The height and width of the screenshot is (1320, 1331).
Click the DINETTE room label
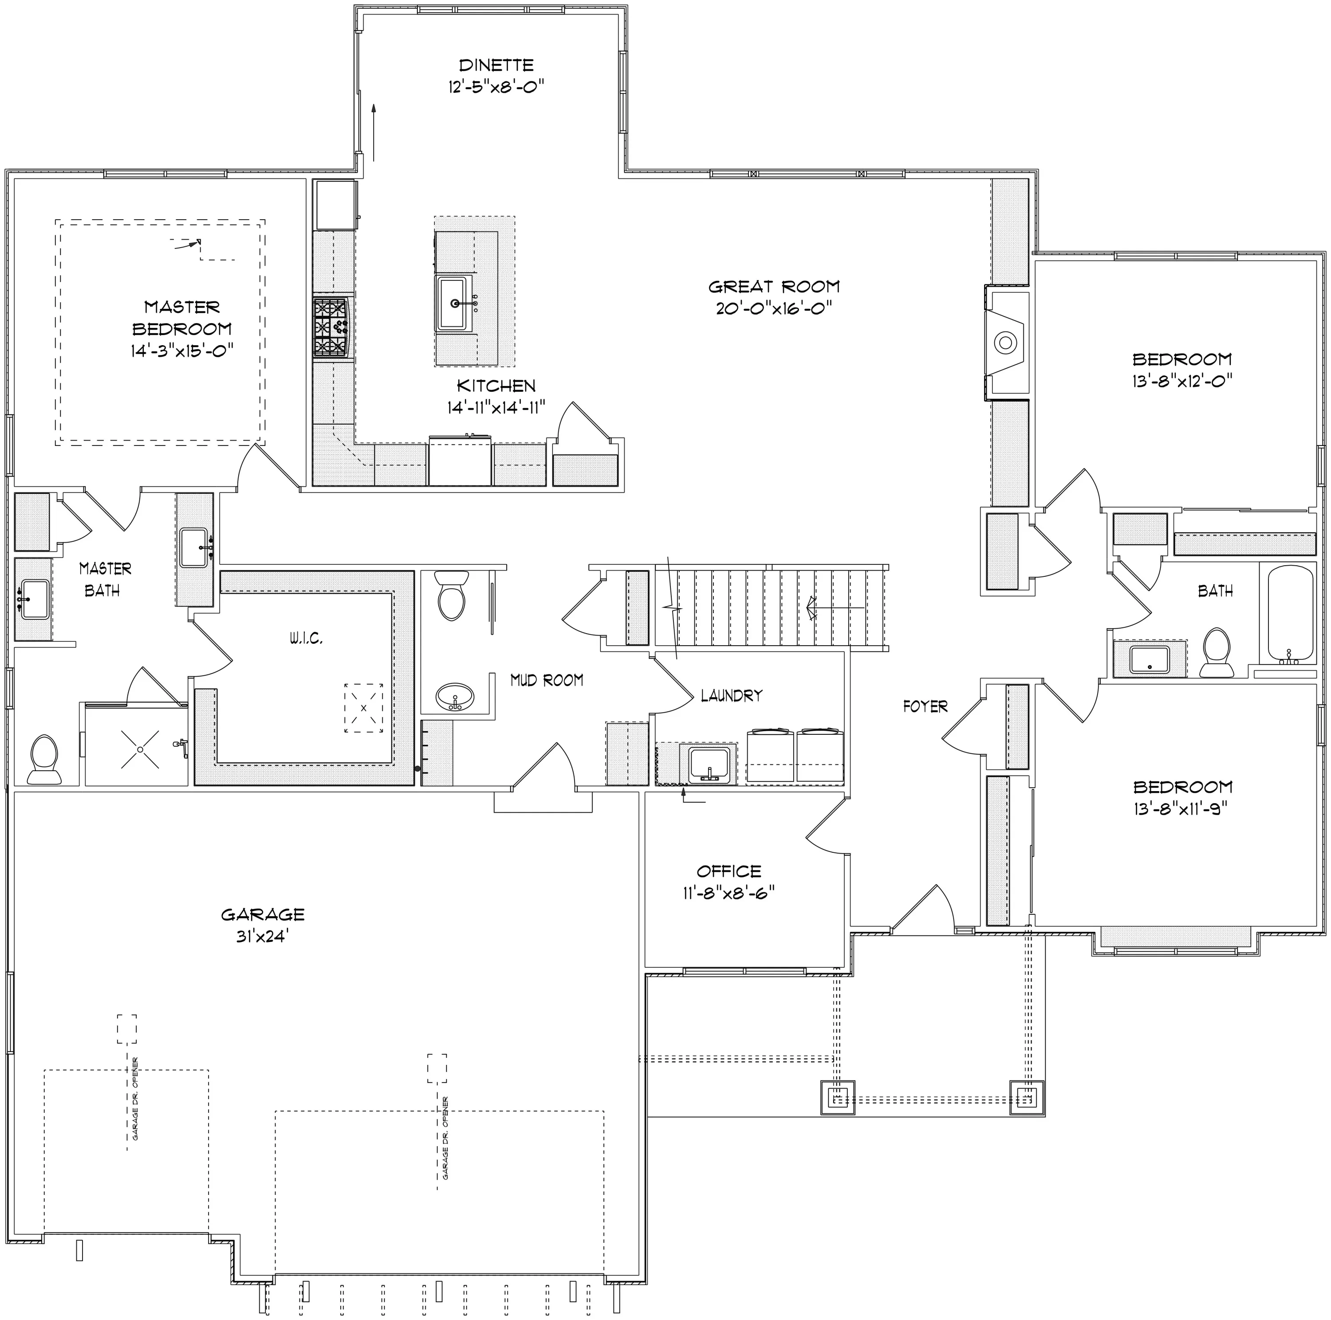pos(496,66)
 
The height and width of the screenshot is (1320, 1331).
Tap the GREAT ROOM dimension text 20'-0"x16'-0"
pos(774,308)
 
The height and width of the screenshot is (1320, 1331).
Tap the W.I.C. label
pos(305,638)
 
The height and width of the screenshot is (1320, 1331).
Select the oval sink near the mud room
pos(455,697)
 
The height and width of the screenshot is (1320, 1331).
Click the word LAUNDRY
pos(732,696)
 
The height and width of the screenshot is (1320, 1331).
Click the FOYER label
pos(925,706)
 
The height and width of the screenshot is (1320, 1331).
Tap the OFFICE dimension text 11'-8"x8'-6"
pos(729,893)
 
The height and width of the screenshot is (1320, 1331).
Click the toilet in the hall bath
pos(1216,652)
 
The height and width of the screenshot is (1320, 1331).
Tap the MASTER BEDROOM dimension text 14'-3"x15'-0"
pos(182,351)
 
